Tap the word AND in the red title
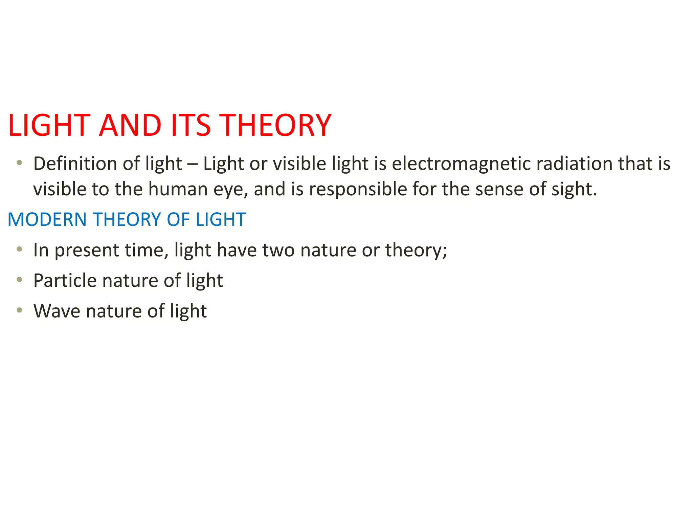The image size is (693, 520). point(130,125)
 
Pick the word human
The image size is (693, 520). point(178,189)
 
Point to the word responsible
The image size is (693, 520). point(358,189)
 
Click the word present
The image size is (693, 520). point(87,251)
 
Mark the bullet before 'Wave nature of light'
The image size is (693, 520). point(19,310)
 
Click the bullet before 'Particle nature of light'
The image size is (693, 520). point(19,280)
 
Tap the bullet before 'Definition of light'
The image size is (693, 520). point(19,163)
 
